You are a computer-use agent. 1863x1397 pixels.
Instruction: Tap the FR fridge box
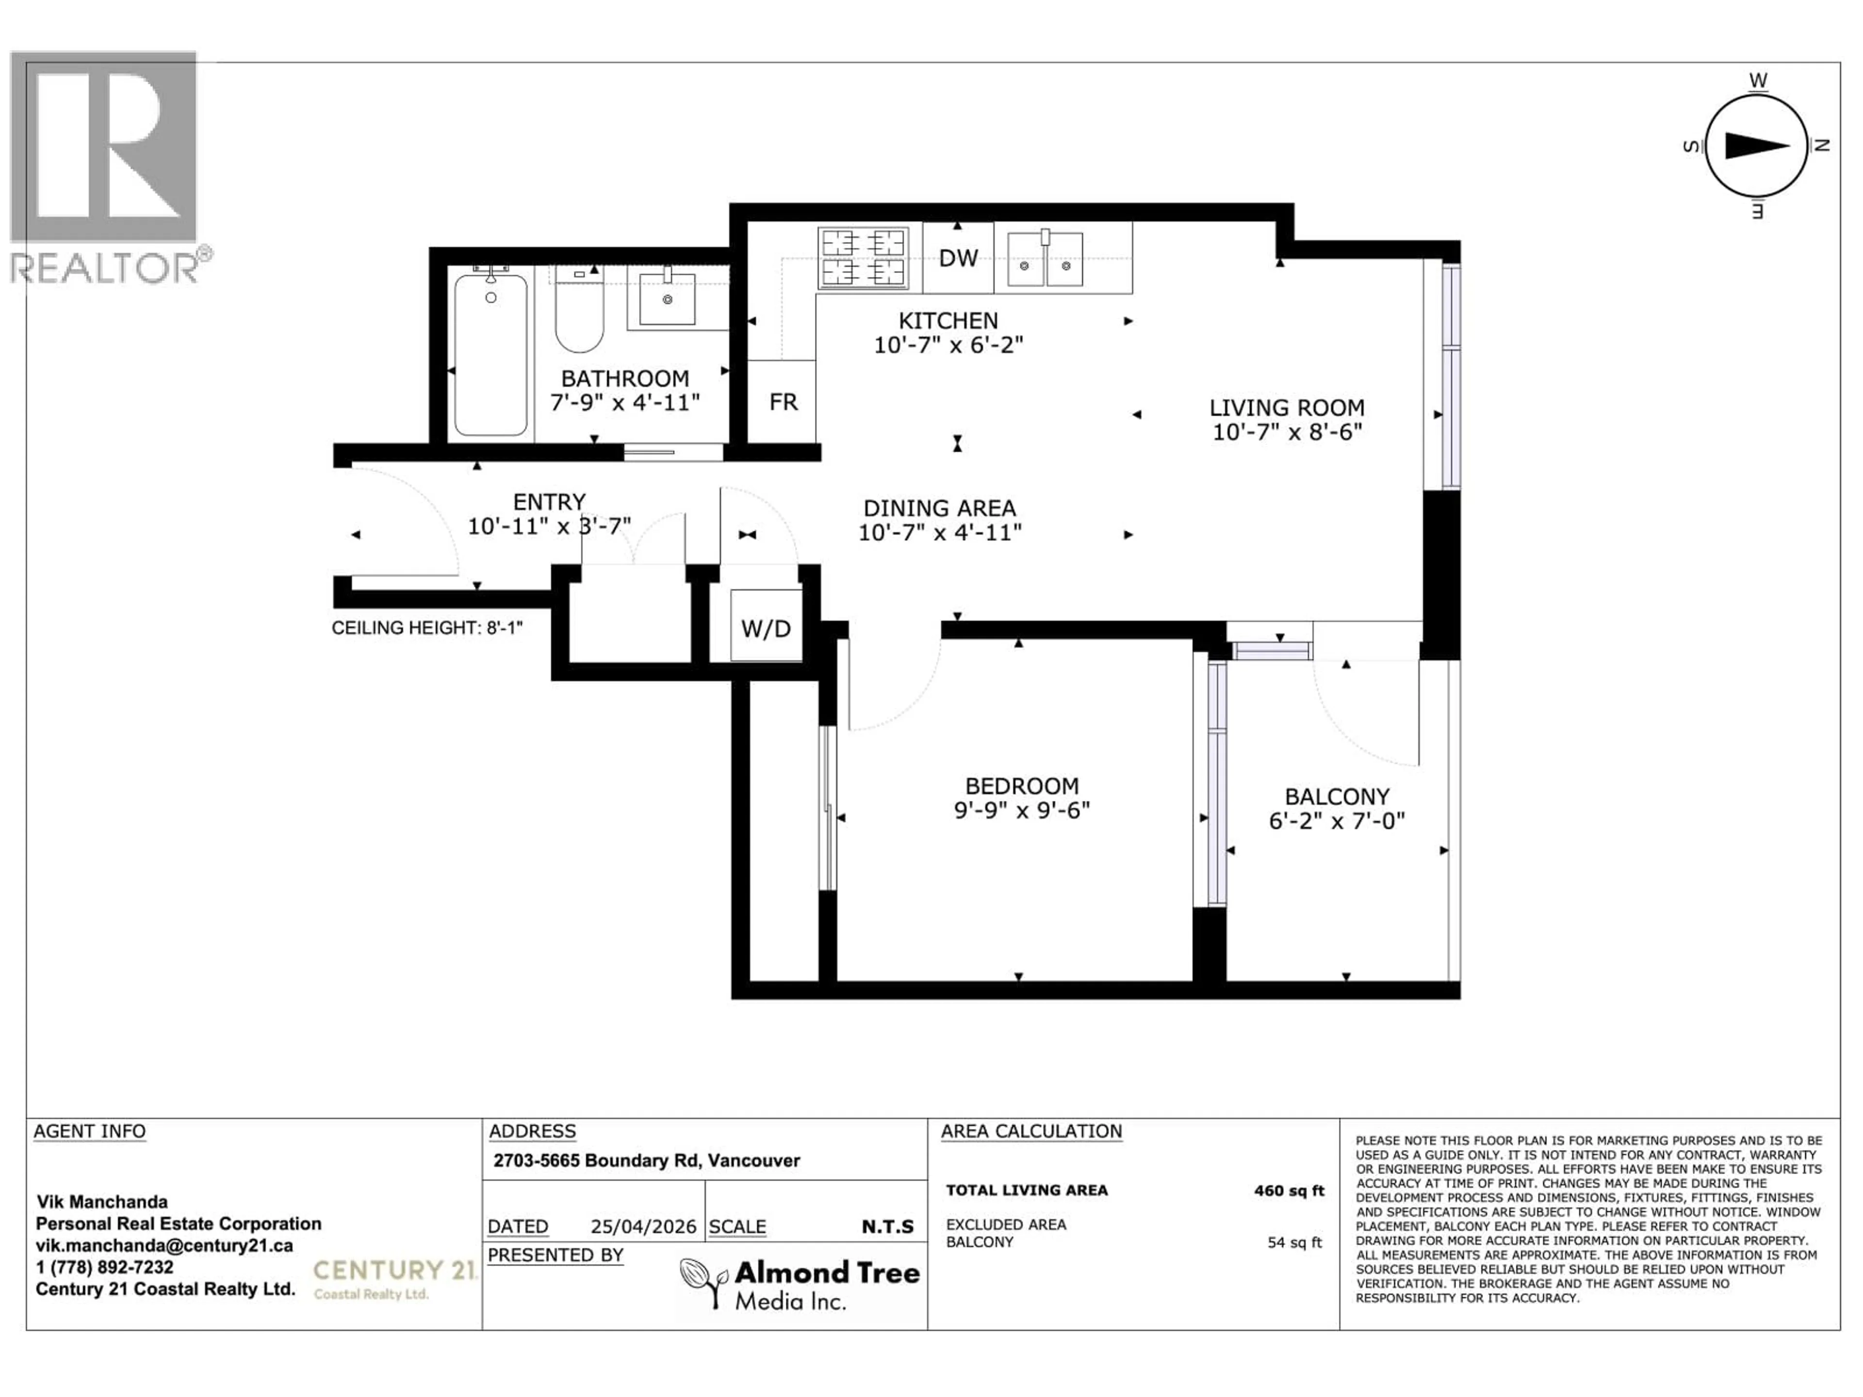point(783,402)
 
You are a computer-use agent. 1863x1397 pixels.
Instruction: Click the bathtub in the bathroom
point(491,355)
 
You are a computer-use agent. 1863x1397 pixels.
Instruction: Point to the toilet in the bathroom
point(579,311)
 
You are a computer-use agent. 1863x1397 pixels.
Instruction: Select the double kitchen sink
point(1045,261)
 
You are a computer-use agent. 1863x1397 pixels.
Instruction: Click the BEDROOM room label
point(1022,786)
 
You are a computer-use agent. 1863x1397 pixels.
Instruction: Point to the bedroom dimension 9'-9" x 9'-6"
point(1022,810)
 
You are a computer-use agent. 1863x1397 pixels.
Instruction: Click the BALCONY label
point(1337,796)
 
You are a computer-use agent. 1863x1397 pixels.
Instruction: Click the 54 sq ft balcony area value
point(1294,1243)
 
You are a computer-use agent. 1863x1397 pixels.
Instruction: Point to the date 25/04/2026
point(643,1226)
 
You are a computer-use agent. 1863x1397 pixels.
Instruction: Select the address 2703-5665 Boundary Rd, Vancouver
point(646,1160)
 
